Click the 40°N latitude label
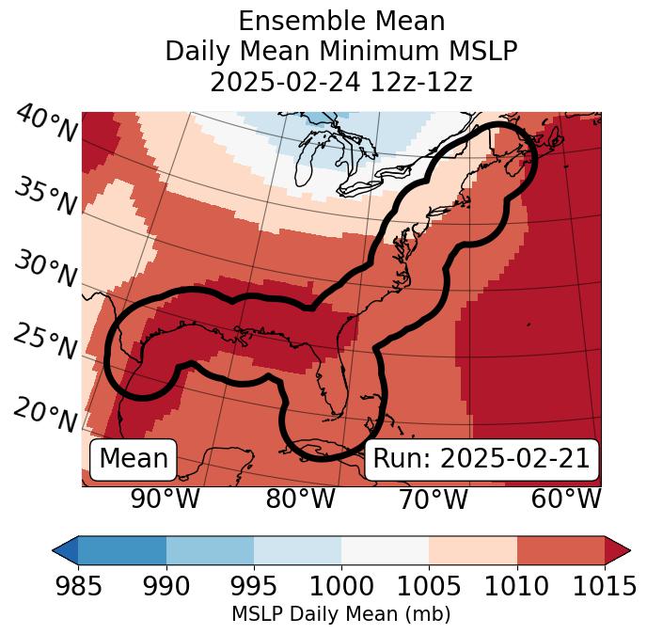(x=45, y=125)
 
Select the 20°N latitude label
(x=45, y=413)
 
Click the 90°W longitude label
(x=166, y=499)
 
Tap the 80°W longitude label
(x=300, y=499)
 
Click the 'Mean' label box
(x=134, y=459)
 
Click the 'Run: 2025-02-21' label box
(x=481, y=459)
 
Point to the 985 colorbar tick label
(x=78, y=587)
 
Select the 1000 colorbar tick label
(x=341, y=587)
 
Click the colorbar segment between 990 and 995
(x=210, y=550)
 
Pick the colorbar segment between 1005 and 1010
(x=473, y=550)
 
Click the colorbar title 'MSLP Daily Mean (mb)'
(x=340, y=615)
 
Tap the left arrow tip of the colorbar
(x=57, y=550)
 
